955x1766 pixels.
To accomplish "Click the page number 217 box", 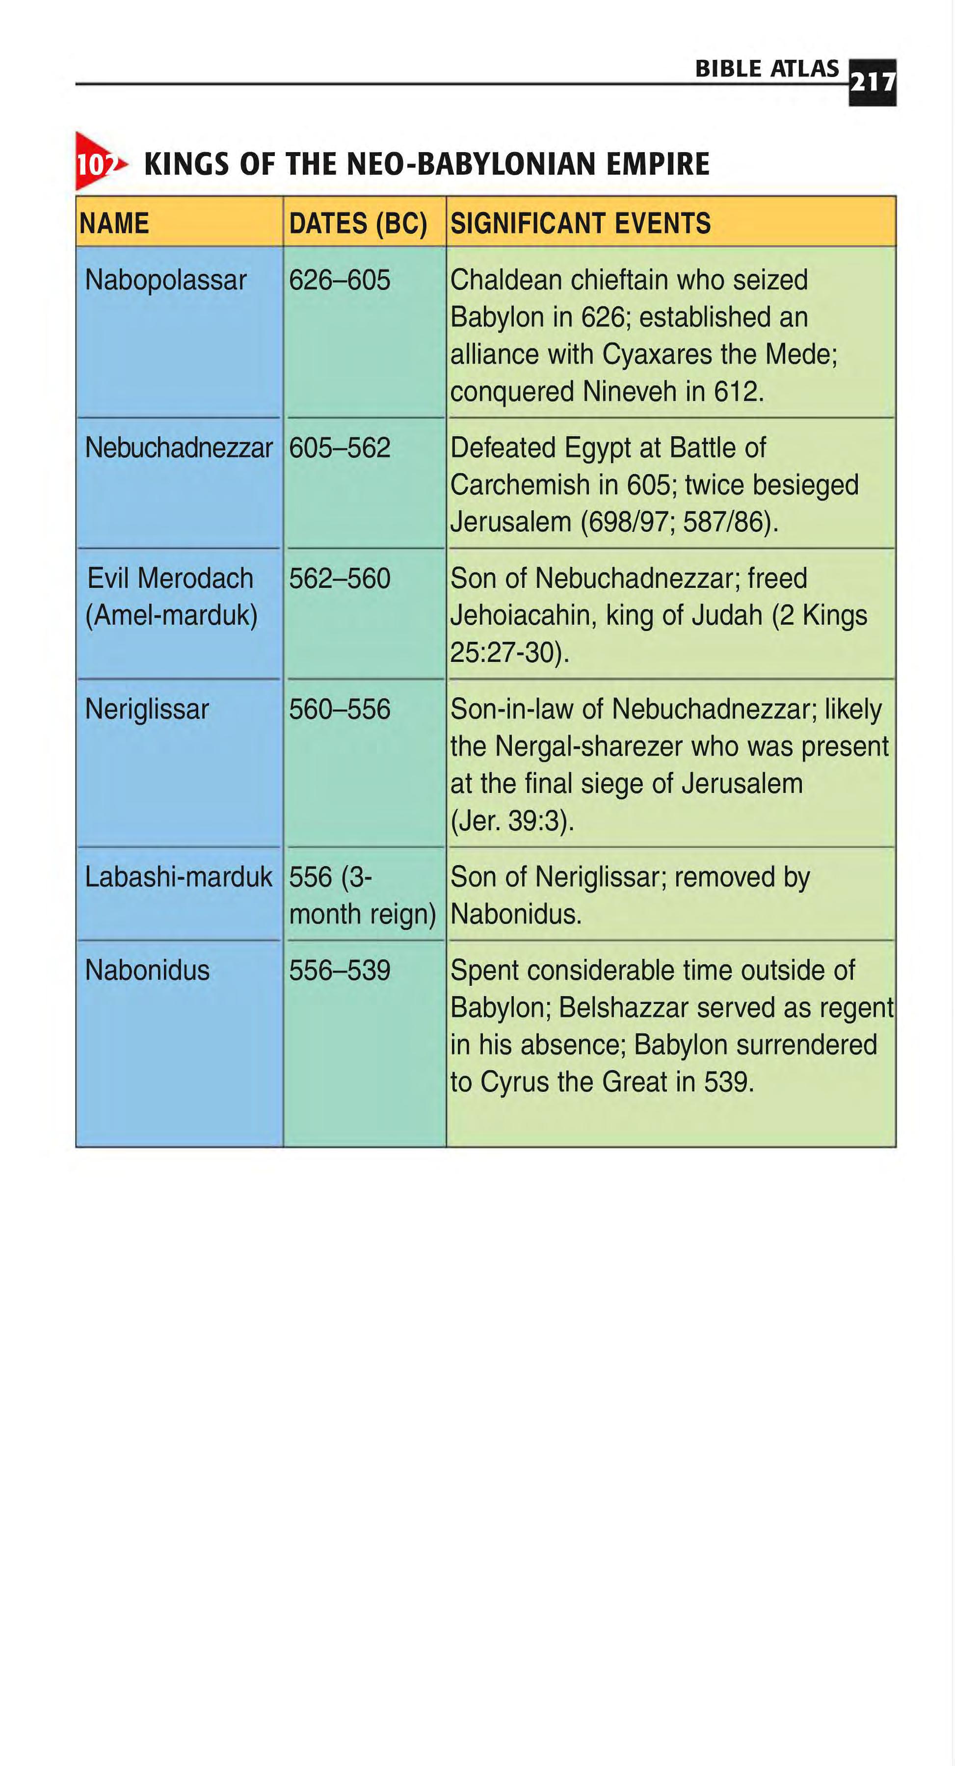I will tap(872, 82).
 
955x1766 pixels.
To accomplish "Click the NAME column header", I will tap(114, 223).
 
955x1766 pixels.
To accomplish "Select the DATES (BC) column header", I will tap(358, 223).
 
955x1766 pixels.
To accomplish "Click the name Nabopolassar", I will tap(165, 280).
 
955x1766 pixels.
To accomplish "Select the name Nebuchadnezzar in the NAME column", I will tap(178, 448).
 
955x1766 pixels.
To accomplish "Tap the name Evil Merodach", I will tap(170, 578).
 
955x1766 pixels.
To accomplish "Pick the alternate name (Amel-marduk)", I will tap(171, 615).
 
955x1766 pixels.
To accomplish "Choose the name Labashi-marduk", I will tap(178, 877).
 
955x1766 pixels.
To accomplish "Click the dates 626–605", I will tap(340, 280).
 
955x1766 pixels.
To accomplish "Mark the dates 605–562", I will tap(340, 448).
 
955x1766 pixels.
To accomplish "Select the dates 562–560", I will tap(340, 578).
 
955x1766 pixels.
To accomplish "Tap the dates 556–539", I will tap(340, 970).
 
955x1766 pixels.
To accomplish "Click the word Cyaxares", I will tap(657, 354).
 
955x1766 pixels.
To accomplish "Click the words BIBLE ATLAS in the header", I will tap(767, 69).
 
